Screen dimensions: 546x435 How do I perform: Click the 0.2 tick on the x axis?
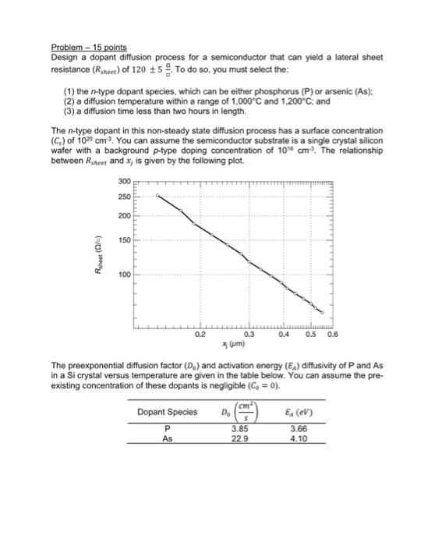coord(202,334)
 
